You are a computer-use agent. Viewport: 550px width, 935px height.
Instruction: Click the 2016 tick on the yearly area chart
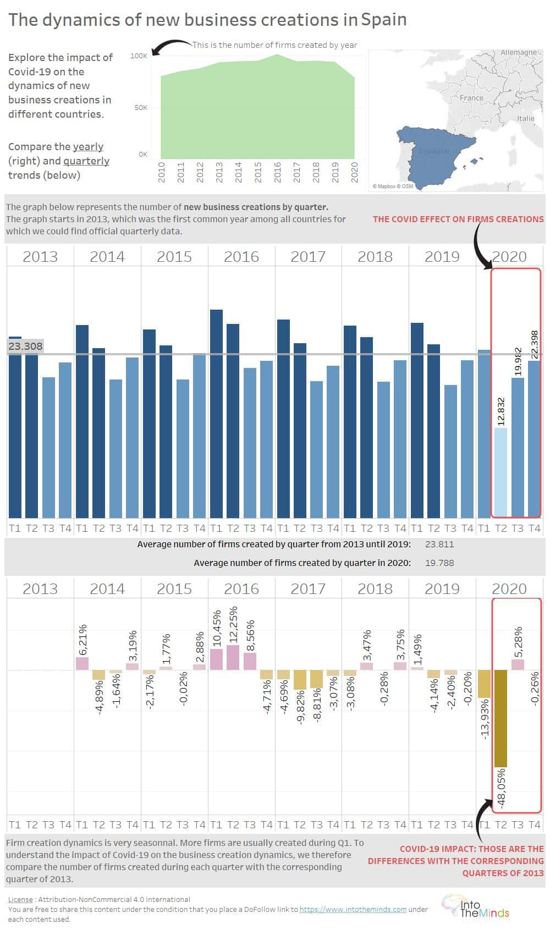277,172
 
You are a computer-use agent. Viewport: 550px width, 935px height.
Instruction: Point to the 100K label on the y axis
139,56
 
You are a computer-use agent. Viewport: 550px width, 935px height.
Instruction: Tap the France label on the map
471,98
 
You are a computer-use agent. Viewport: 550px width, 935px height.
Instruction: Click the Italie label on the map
526,118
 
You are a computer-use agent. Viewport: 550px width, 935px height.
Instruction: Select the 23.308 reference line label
25,346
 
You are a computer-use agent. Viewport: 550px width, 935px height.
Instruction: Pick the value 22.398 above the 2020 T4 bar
535,345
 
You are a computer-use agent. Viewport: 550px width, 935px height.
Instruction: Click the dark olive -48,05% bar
501,718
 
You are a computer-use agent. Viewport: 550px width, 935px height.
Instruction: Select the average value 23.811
439,544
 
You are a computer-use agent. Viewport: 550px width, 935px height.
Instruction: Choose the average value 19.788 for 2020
439,563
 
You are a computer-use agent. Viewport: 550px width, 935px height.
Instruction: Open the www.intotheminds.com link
353,909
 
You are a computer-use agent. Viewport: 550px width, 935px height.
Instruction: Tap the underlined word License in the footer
20,899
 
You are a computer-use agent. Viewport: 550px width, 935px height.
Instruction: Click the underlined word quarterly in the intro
86,161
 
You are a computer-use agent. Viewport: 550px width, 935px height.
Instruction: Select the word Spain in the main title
384,20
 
